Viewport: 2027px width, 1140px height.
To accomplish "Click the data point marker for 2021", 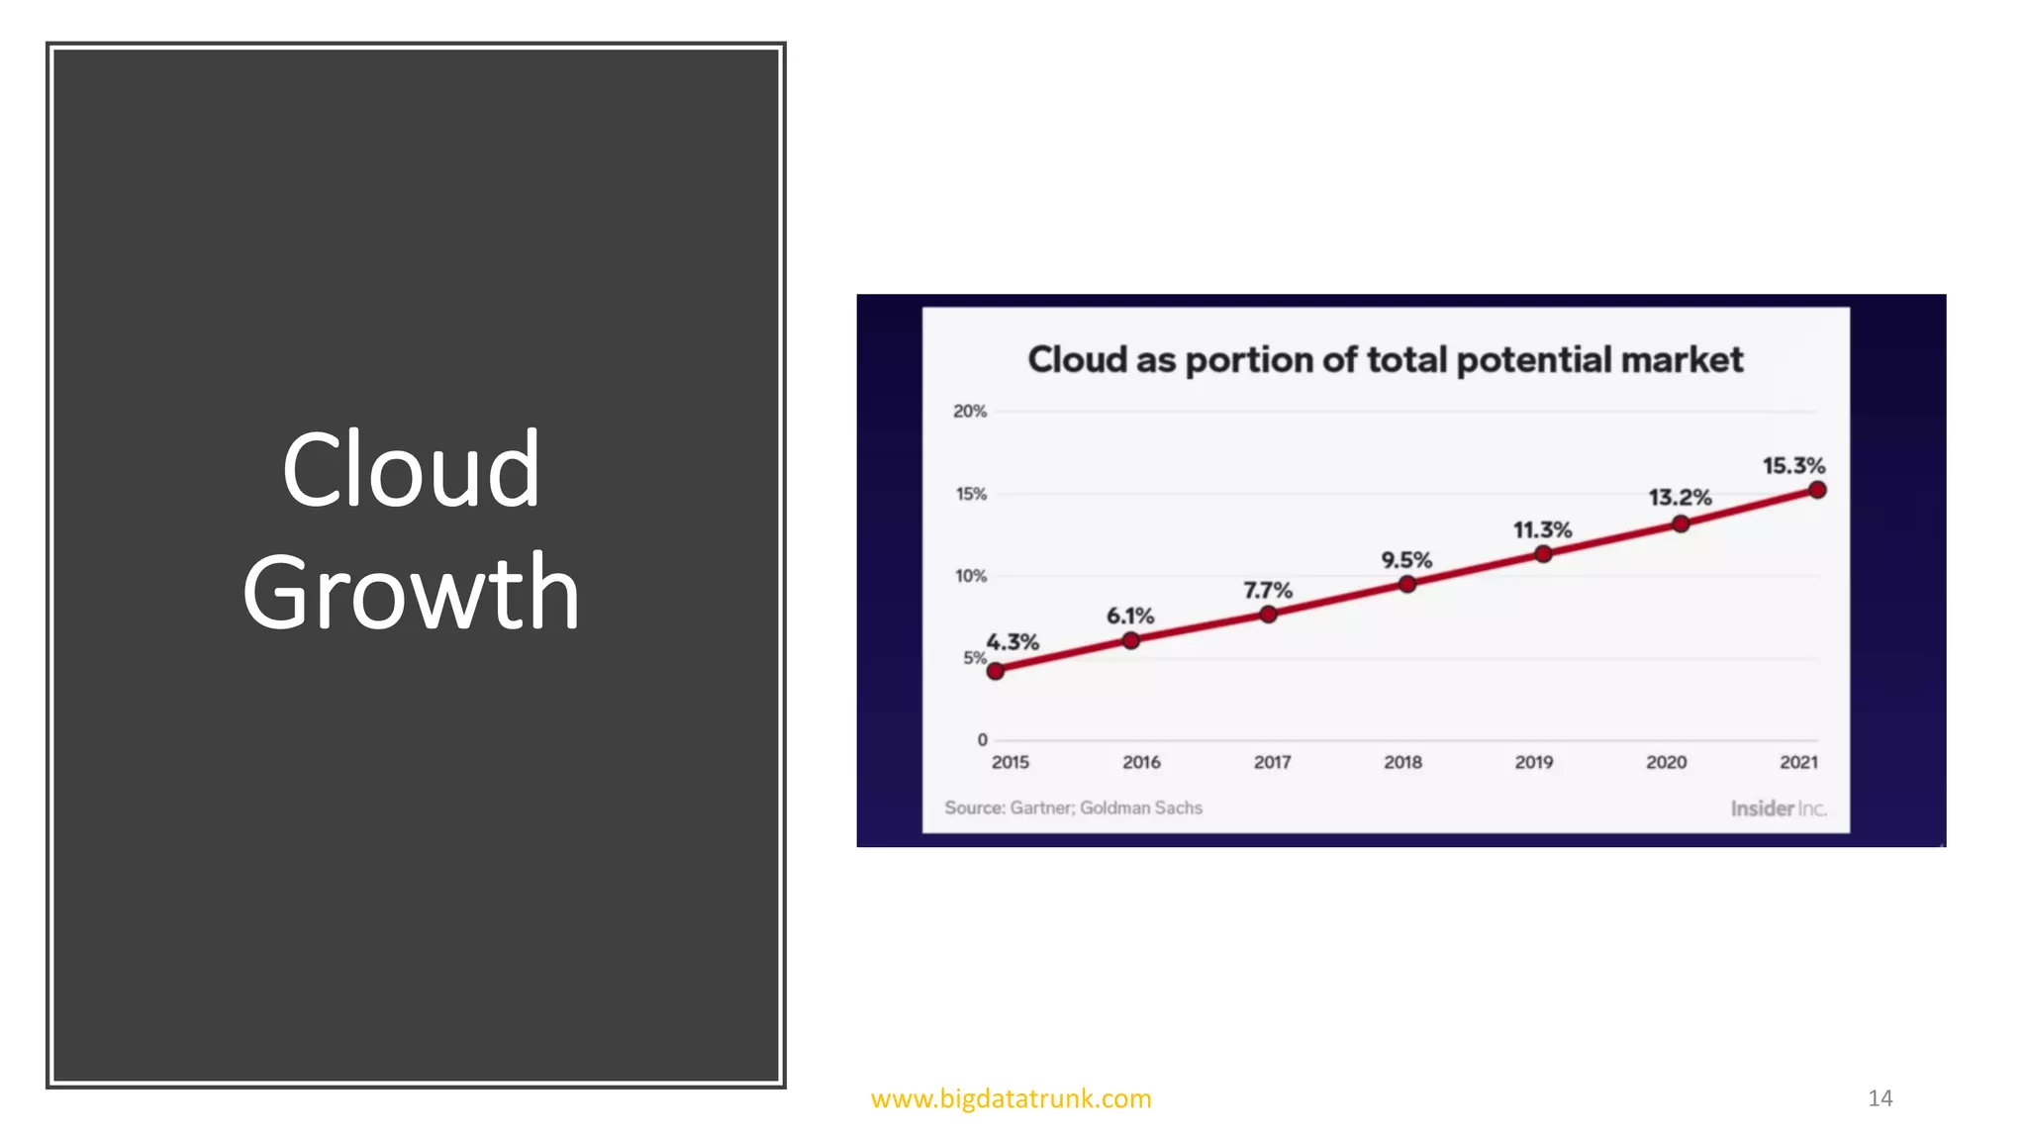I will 1817,490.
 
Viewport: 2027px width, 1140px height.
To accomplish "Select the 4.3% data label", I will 1013,642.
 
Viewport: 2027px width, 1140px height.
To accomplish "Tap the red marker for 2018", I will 1406,584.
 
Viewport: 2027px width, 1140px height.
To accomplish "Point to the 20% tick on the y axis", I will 970,411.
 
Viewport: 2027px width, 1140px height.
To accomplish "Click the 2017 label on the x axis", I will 1272,762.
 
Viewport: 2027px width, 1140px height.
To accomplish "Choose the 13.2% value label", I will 1680,497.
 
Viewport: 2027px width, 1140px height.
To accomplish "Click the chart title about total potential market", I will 1385,359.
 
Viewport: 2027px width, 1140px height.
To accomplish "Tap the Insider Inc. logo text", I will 1778,808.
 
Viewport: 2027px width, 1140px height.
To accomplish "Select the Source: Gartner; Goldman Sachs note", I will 1073,807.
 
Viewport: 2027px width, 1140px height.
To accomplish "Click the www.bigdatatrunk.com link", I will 1011,1098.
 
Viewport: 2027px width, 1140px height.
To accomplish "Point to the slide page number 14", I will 1880,1098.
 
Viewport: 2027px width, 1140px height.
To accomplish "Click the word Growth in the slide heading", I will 411,592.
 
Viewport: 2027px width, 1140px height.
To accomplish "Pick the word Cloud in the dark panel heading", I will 411,470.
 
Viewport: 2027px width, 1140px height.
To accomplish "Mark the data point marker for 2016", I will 1131,640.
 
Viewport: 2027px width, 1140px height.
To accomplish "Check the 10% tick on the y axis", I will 971,576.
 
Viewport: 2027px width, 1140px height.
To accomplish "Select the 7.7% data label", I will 1268,591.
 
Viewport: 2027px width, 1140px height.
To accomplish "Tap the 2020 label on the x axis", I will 1666,762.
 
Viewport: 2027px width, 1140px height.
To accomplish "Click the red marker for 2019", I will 1543,554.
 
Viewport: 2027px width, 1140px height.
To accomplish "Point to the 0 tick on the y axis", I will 982,739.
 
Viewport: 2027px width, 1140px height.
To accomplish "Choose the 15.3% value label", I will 1793,465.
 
